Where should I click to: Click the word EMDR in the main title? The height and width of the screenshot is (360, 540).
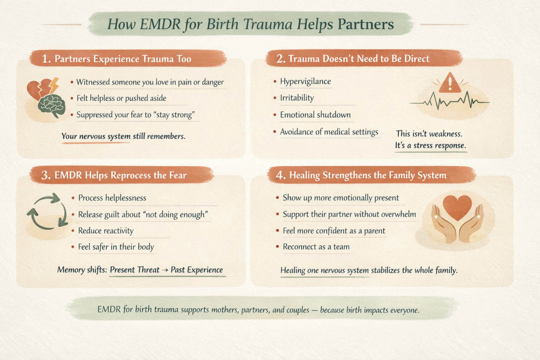click(x=159, y=24)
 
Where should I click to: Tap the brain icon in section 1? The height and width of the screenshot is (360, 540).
click(x=52, y=106)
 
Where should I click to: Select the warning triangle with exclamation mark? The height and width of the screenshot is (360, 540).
click(x=450, y=83)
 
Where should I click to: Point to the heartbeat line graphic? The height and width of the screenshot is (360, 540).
click(x=449, y=101)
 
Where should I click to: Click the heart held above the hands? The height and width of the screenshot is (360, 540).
click(x=457, y=207)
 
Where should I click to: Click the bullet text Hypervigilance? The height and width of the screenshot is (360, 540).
click(x=305, y=82)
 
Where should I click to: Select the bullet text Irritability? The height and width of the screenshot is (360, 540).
click(x=297, y=98)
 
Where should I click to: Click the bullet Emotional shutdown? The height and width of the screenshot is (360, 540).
click(x=315, y=115)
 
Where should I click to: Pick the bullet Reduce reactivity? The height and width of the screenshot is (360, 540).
click(x=105, y=231)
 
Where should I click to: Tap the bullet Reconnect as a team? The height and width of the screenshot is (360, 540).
click(x=316, y=247)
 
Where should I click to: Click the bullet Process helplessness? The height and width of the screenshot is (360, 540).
click(x=112, y=198)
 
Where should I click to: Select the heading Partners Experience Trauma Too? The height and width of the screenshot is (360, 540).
click(x=123, y=59)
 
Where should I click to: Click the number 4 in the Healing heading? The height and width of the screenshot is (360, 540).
click(x=280, y=175)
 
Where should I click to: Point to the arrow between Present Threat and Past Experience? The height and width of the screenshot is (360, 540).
click(x=165, y=270)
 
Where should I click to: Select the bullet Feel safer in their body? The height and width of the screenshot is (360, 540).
click(x=116, y=247)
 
